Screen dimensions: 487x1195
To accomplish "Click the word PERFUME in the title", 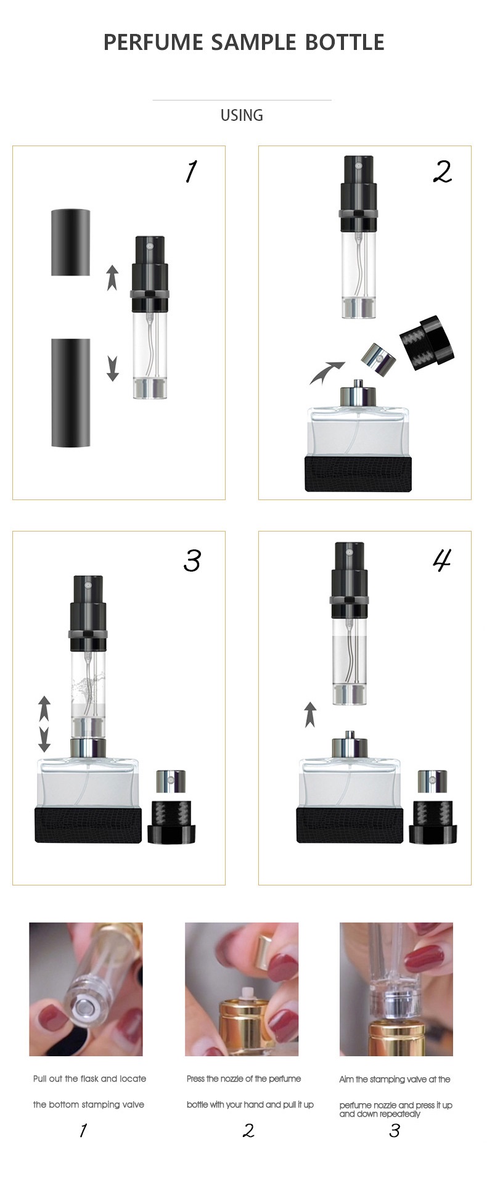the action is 153,42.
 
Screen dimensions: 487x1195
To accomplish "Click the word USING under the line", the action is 242,115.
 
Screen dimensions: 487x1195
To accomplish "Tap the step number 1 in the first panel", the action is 191,172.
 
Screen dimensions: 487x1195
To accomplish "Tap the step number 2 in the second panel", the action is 443,172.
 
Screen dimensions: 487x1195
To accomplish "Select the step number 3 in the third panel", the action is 192,561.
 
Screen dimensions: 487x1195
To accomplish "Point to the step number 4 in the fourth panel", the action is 442,560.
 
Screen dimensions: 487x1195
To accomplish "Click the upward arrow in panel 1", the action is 112,277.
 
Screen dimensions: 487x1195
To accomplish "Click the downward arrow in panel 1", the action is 112,369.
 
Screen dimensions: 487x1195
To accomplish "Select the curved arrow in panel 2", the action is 326,372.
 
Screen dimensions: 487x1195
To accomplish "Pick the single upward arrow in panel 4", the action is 310,715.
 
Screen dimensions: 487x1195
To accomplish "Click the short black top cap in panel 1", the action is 70,242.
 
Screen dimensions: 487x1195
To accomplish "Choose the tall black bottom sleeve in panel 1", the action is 70,393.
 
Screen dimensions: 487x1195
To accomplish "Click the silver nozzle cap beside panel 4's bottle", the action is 433,781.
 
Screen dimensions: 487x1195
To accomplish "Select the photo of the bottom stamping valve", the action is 86,989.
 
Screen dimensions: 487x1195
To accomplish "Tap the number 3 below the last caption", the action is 395,1130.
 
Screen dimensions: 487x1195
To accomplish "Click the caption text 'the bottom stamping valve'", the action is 89,1104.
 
